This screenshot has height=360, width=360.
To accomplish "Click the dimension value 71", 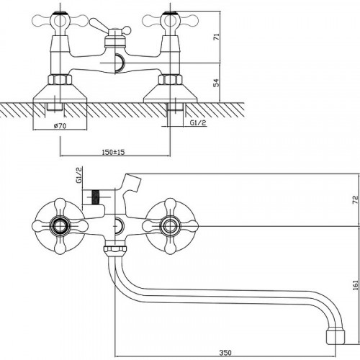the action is click(217, 37).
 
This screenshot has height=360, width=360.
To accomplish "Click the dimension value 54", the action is click(217, 83).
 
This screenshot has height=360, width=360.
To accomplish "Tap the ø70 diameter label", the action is click(60, 125).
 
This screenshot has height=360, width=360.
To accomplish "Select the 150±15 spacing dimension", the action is click(114, 152).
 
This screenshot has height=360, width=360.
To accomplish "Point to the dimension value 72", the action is click(356, 200).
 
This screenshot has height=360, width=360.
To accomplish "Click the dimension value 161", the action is click(356, 285).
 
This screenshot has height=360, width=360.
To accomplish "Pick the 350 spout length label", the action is click(225, 352).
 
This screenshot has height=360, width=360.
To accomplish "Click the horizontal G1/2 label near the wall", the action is click(198, 122).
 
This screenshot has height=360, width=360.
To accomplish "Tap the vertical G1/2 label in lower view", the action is click(79, 176).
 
